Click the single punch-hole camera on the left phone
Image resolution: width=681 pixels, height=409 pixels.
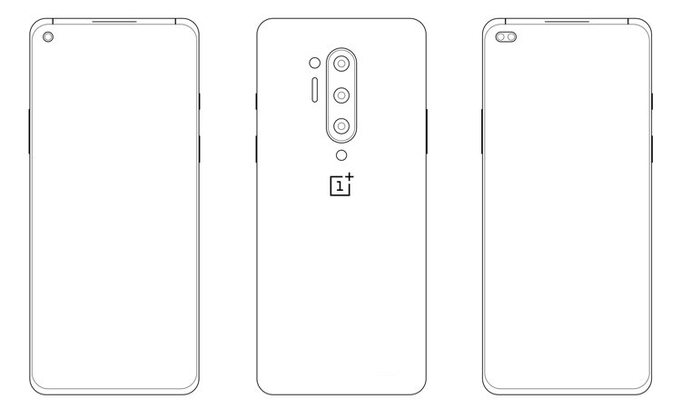click(x=48, y=37)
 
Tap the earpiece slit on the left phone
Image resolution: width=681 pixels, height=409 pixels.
click(x=114, y=21)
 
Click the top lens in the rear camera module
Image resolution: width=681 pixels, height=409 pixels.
click(x=341, y=64)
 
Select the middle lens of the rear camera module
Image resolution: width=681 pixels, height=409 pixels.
click(x=341, y=95)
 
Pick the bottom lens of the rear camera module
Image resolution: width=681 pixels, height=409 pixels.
click(x=341, y=126)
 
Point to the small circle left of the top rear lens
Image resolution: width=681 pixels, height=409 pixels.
click(x=315, y=63)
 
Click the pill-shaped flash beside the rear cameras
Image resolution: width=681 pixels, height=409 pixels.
click(x=315, y=90)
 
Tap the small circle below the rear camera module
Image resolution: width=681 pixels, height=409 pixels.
click(x=341, y=155)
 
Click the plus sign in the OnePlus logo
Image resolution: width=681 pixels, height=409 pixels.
click(x=350, y=177)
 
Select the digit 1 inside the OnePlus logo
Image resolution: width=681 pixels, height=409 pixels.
click(x=340, y=186)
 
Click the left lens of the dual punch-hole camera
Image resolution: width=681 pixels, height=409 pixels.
click(x=500, y=37)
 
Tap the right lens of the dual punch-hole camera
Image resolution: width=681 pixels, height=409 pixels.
click(x=510, y=37)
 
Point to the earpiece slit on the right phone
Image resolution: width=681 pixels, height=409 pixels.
click(x=567, y=21)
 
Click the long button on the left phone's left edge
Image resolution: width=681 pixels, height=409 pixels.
click(x=29, y=131)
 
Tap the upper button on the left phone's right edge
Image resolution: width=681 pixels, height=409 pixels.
click(x=200, y=101)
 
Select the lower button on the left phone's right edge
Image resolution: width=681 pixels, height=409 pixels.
click(x=200, y=149)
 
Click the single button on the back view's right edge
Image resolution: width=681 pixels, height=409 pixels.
click(x=427, y=131)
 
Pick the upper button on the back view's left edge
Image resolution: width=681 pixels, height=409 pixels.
click(x=256, y=101)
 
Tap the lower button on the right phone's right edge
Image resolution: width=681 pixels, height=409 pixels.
click(x=652, y=149)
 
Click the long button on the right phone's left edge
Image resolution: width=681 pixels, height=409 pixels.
click(x=481, y=131)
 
